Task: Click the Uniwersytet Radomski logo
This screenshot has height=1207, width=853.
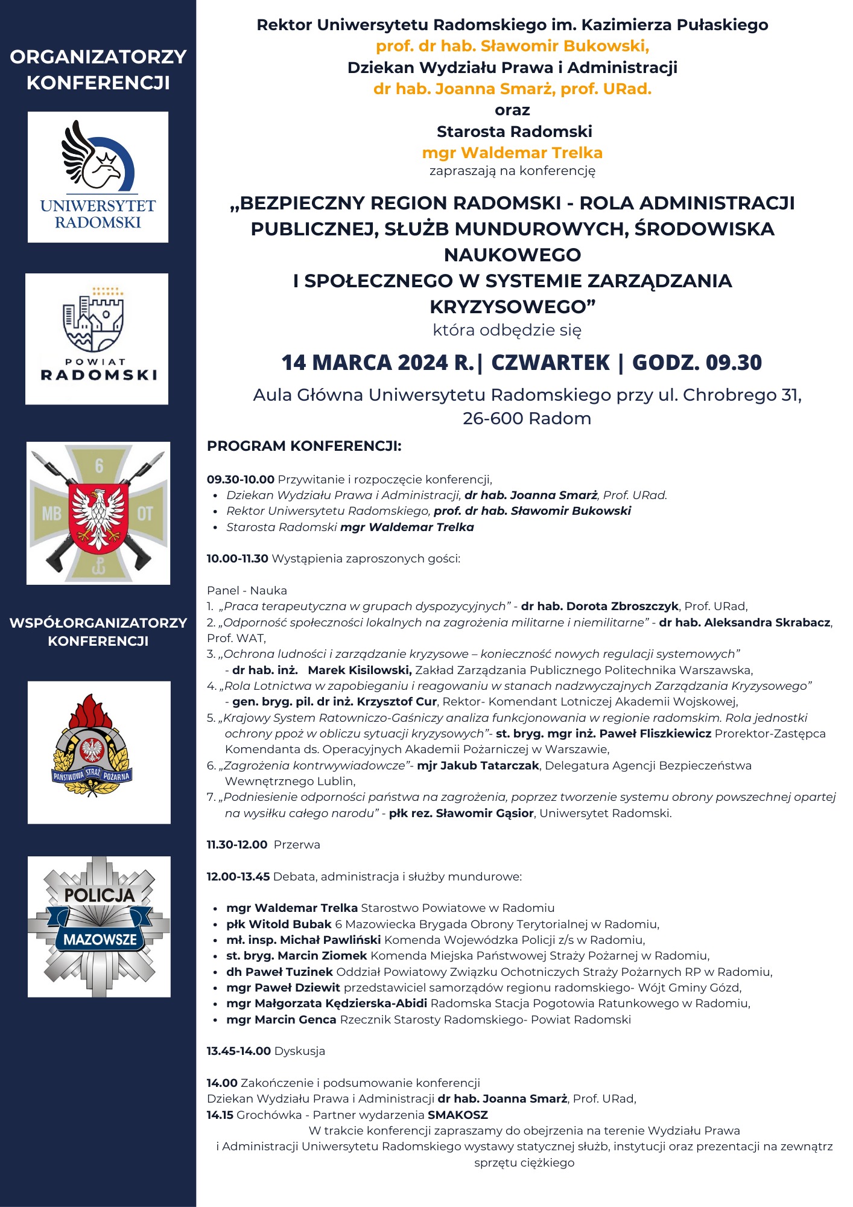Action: [x=98, y=177]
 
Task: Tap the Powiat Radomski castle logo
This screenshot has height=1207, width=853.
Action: [x=97, y=339]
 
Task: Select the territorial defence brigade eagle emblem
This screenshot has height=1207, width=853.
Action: [x=98, y=513]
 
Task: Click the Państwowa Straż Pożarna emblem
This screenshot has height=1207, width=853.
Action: [x=99, y=752]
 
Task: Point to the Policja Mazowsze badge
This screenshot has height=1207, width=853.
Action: [x=99, y=926]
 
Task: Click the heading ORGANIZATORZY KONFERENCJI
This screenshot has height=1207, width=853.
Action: [x=98, y=69]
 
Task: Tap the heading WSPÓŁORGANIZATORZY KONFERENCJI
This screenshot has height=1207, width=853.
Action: [x=98, y=632]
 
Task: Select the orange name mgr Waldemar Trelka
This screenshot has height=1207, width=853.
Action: [x=512, y=153]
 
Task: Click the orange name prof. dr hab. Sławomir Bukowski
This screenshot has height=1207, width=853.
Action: [x=512, y=46]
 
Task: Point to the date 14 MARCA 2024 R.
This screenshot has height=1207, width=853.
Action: [x=378, y=363]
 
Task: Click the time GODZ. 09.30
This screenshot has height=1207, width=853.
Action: [x=697, y=363]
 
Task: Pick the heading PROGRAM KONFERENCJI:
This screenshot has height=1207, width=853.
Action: [x=304, y=446]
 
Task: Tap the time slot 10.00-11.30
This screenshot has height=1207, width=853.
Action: [x=237, y=559]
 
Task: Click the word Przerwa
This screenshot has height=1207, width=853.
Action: [x=297, y=844]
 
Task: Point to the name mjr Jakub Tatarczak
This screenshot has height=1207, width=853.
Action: [x=478, y=765]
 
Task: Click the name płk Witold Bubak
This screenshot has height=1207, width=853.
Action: [x=279, y=924]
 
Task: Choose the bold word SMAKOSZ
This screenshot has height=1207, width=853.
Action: [x=458, y=1115]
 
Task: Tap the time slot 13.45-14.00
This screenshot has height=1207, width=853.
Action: [x=238, y=1051]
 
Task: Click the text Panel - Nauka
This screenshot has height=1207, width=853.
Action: [x=247, y=590]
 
